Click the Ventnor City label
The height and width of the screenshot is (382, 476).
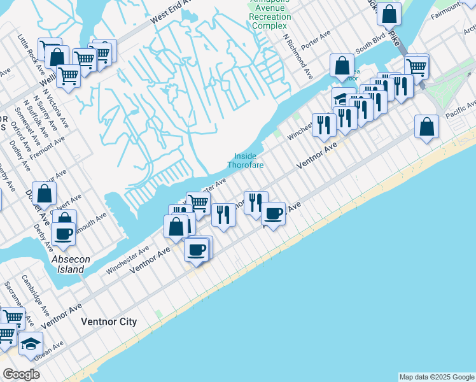(109, 322)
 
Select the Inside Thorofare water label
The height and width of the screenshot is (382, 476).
(246, 160)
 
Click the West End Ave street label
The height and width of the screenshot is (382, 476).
(171, 12)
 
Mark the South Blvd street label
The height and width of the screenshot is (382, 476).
(370, 47)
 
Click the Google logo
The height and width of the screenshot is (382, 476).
(21, 374)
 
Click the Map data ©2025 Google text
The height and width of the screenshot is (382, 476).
(437, 377)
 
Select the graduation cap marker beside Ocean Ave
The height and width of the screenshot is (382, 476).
(31, 344)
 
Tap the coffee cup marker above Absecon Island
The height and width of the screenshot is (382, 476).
(64, 234)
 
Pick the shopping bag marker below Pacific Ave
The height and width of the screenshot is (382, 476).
(426, 126)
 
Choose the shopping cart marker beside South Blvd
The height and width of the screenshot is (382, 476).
(417, 66)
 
